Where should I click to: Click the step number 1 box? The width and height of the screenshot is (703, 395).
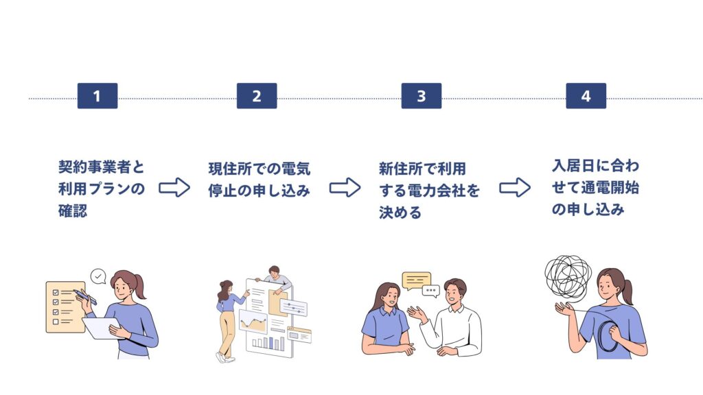coord(97,96)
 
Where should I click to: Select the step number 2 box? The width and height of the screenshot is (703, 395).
coord(257,96)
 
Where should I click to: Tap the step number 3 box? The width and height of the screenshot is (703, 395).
coord(421,96)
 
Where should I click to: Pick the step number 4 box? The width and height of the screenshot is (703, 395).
coord(586,96)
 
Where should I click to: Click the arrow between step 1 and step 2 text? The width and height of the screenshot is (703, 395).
coord(174,188)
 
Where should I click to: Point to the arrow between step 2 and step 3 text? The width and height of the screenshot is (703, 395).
coord(345,188)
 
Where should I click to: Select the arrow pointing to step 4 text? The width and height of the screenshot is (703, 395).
coord(514,188)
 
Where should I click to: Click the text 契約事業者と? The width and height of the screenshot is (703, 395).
coord(102,167)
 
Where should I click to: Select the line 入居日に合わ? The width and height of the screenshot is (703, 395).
coord(595,166)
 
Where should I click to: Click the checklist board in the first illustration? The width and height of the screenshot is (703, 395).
coord(65,306)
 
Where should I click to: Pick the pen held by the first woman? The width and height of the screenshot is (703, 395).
coord(86,296)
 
